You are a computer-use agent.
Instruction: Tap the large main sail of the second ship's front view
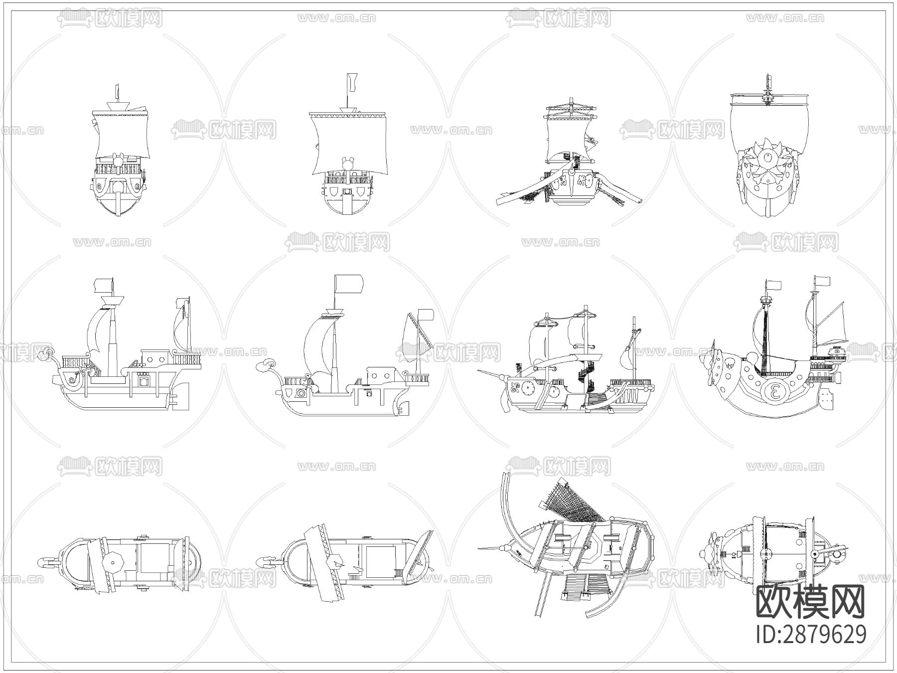[349, 145]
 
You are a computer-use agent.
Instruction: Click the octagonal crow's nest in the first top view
[113, 562]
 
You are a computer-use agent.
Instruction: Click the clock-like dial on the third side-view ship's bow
[527, 386]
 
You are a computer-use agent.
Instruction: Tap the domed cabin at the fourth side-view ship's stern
[837, 352]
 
